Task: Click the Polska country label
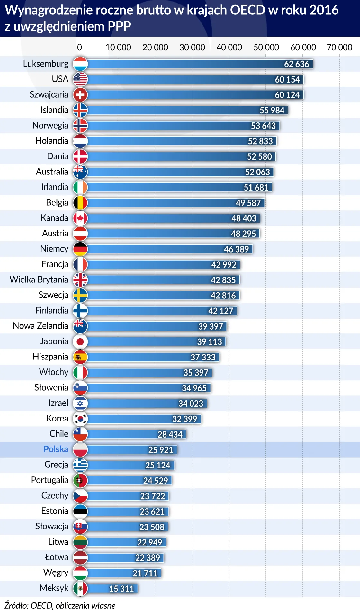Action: pos(56,449)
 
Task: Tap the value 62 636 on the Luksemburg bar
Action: pos(296,64)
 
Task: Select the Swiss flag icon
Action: pos(80,95)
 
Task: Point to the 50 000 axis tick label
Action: pos(266,48)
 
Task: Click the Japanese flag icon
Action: pos(80,341)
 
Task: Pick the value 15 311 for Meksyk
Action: pos(121,589)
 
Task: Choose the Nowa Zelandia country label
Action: pos(40,326)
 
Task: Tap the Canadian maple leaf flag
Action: pos(80,218)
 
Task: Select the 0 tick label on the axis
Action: pos(79,48)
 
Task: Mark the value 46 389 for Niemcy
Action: pos(236,249)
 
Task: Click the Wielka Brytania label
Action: pos(39,279)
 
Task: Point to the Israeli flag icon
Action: pos(80,403)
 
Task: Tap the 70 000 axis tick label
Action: pos(339,48)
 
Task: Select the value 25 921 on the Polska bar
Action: pos(160,450)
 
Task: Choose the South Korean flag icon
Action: pos(80,419)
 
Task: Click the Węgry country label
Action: pos(56,573)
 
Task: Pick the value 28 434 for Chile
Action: pos(170,434)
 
